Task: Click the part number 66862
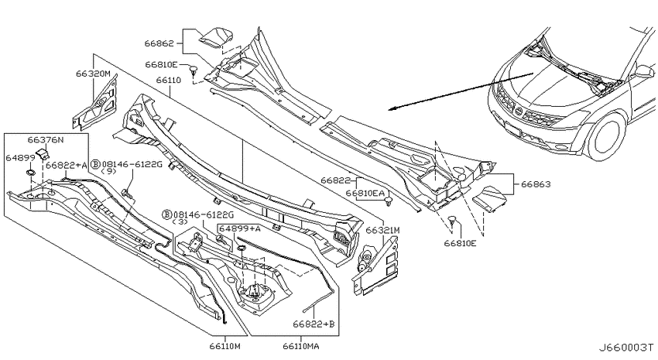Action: (159, 43)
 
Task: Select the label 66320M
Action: (93, 74)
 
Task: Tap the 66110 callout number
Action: (168, 80)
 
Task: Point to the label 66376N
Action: (46, 139)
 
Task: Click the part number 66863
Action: (536, 183)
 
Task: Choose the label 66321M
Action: (382, 230)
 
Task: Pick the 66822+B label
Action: (314, 324)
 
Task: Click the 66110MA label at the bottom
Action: (300, 346)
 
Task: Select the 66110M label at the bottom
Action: (225, 346)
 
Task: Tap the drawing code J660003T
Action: (625, 348)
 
